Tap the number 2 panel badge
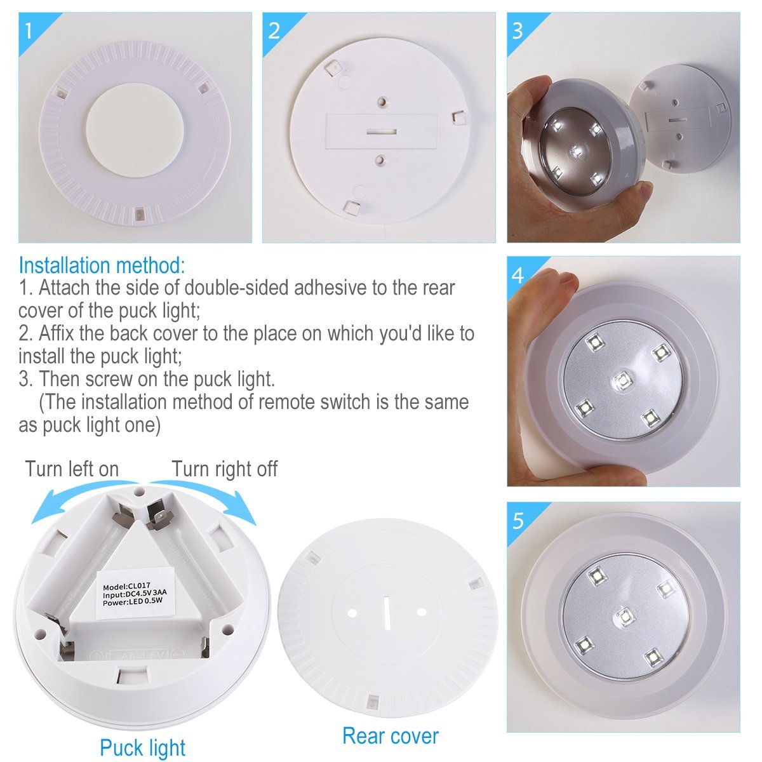tap(274, 30)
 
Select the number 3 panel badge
tap(518, 30)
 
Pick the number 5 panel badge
tap(518, 520)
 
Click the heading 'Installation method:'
tap(102, 265)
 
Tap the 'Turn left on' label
tap(72, 469)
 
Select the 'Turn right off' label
tap(224, 469)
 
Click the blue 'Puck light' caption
tap(142, 747)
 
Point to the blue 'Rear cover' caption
tap(390, 736)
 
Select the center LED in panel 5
tap(625, 615)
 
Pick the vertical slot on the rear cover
tap(385, 613)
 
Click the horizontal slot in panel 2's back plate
tap(381, 132)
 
